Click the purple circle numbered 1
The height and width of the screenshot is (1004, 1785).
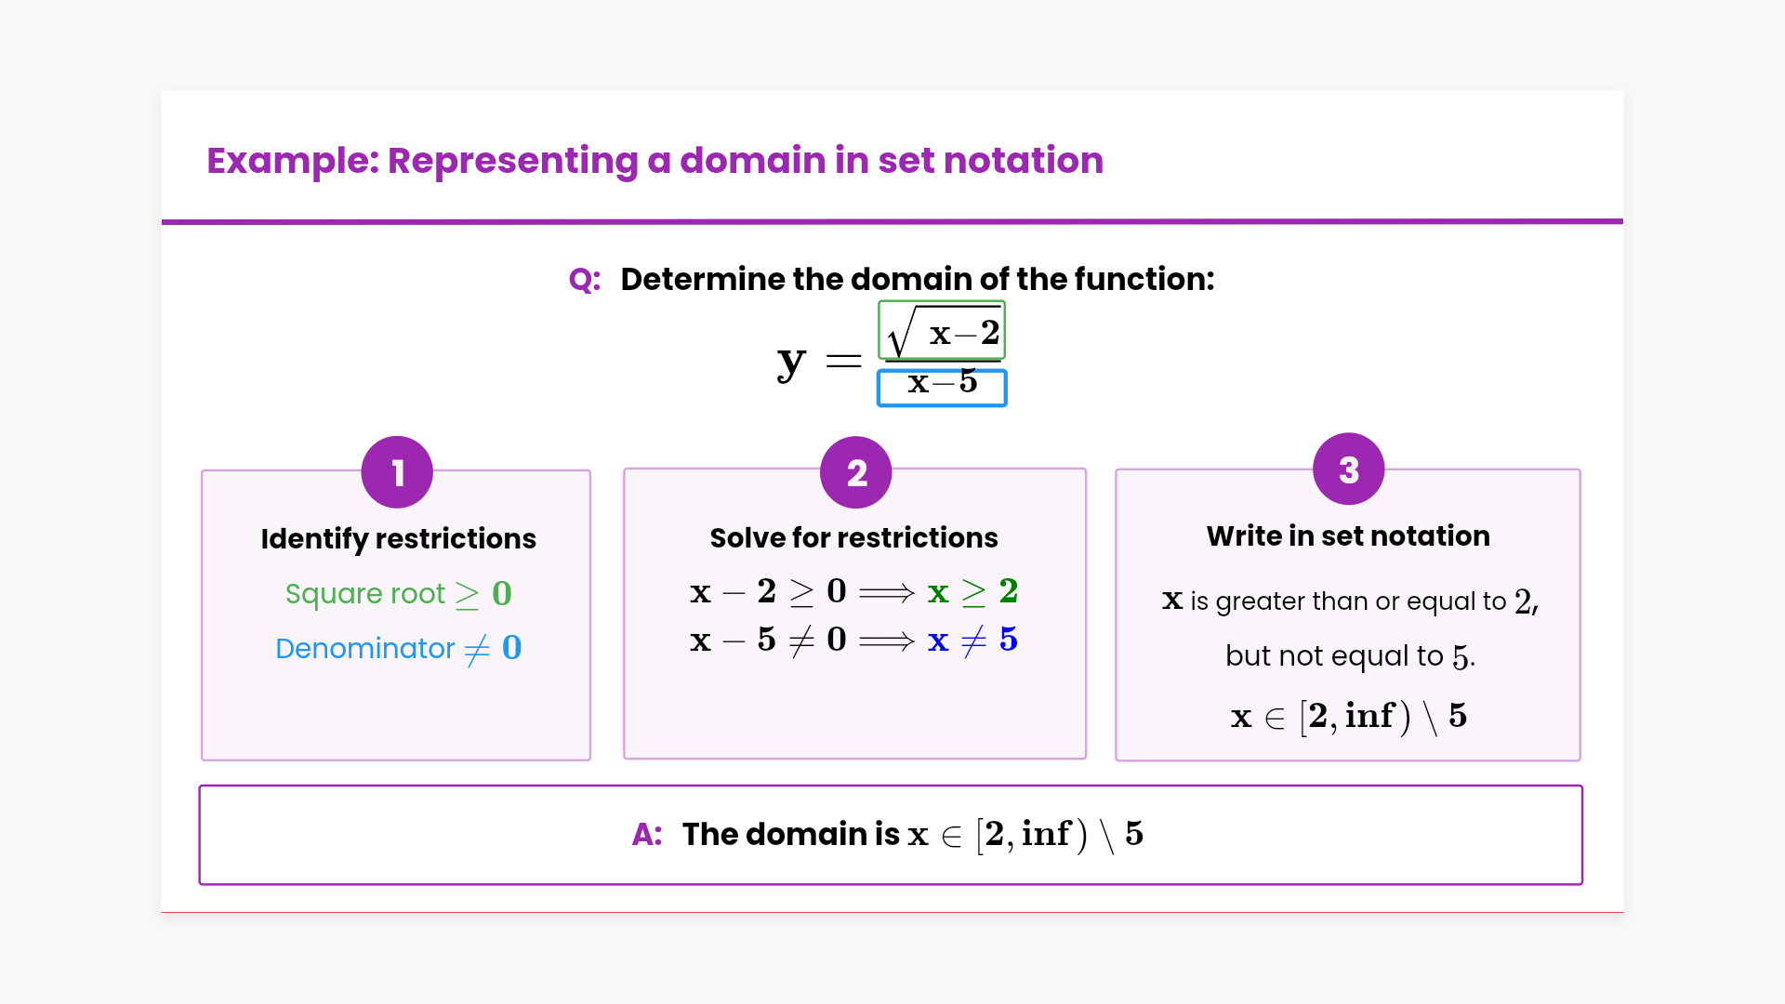coord(397,472)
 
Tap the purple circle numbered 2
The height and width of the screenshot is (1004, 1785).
coord(855,472)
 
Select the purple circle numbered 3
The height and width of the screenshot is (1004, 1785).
coord(1348,469)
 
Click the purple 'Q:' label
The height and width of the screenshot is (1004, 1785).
coord(585,279)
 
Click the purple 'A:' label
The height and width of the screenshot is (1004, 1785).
coord(647,834)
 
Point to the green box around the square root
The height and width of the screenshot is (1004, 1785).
coord(942,330)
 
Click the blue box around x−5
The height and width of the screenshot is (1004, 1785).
coord(942,388)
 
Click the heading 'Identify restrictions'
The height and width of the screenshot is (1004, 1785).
coord(398,538)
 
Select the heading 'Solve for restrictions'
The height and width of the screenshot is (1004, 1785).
coord(853,537)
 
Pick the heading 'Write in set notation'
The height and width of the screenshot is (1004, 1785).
coord(1348,535)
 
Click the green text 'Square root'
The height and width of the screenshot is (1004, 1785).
coord(365,593)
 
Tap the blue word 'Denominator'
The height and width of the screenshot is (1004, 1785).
coord(365,648)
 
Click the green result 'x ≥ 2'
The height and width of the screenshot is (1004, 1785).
coord(972,591)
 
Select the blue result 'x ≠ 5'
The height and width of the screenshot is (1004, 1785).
coord(972,640)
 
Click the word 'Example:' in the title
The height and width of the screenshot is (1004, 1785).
coord(293,161)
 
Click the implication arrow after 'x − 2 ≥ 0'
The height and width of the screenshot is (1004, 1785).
coord(887,592)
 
